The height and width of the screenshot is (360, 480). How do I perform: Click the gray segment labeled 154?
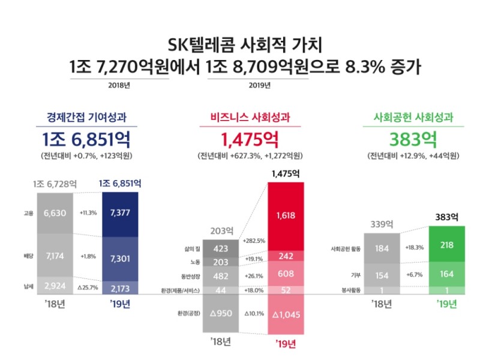(x=382, y=275)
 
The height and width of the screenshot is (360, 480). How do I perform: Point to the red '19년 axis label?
(x=286, y=344)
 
